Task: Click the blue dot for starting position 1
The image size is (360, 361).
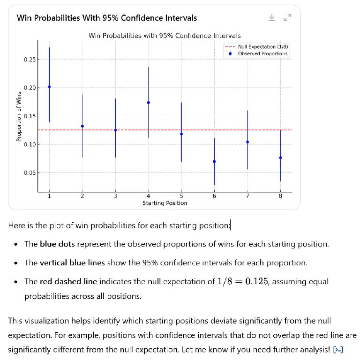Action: click(x=49, y=87)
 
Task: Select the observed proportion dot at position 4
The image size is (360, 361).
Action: click(x=149, y=103)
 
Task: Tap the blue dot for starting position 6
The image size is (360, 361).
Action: click(x=214, y=162)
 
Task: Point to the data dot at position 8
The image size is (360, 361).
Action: click(x=280, y=158)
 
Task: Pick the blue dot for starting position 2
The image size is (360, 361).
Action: click(x=82, y=126)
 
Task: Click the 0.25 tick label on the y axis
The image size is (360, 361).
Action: click(x=29, y=60)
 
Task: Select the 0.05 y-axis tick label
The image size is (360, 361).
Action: click(x=29, y=173)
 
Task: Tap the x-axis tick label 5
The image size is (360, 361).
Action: click(x=181, y=196)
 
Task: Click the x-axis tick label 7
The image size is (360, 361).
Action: click(x=247, y=196)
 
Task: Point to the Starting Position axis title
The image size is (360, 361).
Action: click(x=165, y=203)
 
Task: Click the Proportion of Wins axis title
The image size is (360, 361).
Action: click(x=19, y=116)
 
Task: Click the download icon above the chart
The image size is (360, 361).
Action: click(x=272, y=18)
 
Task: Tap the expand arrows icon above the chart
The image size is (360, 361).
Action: click(x=288, y=18)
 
